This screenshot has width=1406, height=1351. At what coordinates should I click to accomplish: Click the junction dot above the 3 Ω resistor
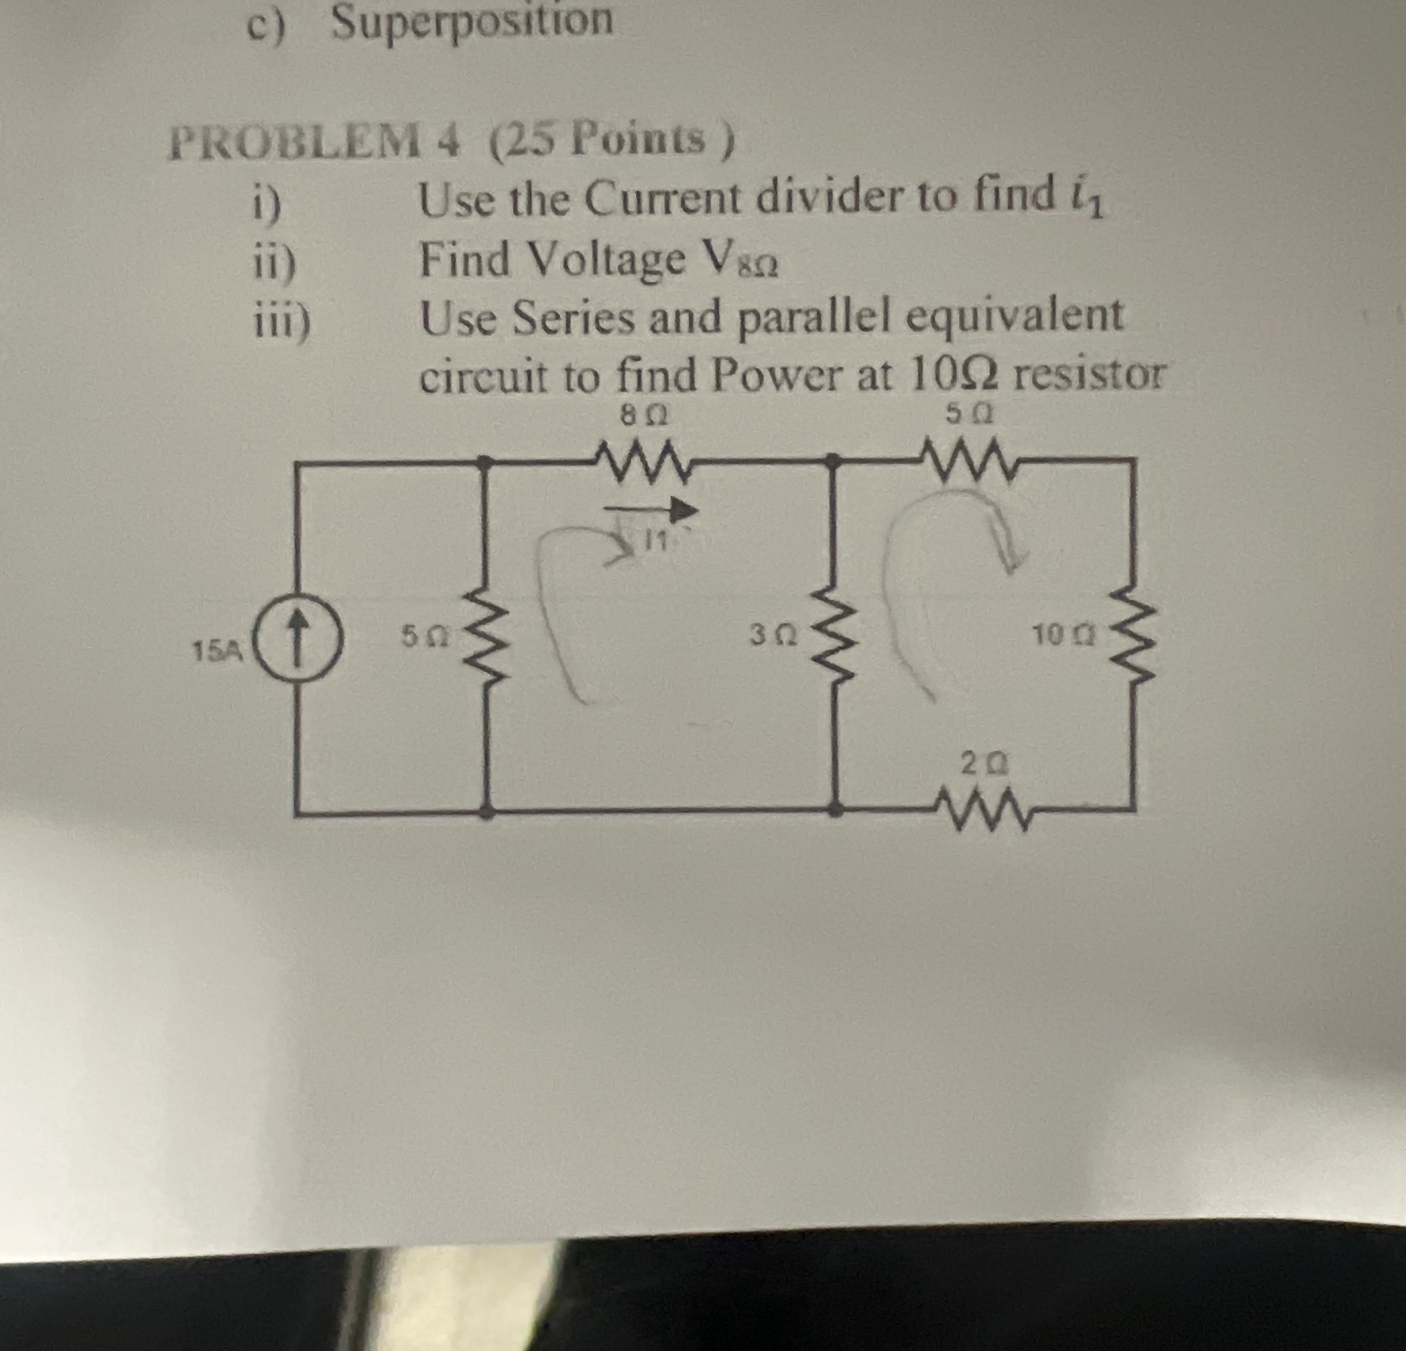point(834,460)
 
